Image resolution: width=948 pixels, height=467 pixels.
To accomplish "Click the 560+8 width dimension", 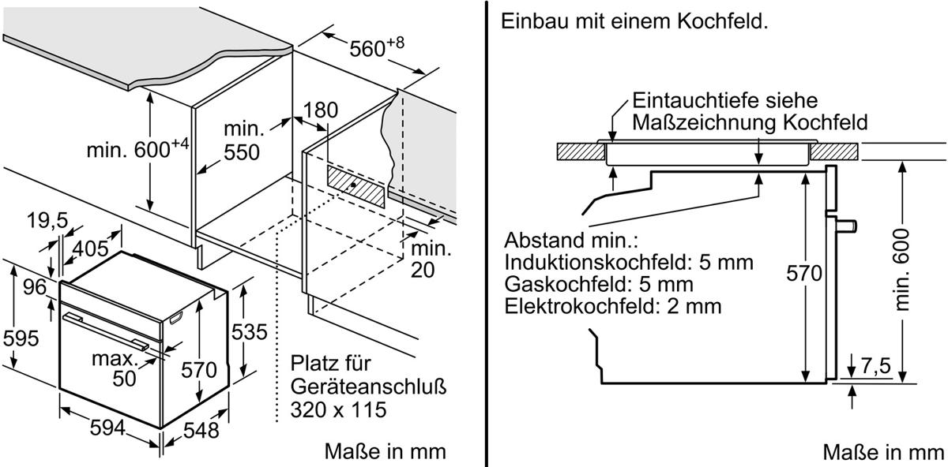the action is (x=377, y=47).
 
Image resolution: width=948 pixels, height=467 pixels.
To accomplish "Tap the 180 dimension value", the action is (x=321, y=110).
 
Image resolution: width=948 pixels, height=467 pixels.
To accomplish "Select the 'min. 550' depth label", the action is (x=242, y=140).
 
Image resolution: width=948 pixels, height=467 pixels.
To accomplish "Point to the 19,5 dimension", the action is (x=47, y=220).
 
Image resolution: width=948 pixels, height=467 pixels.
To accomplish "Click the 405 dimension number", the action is (x=91, y=248).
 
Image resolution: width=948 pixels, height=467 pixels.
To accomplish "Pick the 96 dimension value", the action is (x=35, y=287).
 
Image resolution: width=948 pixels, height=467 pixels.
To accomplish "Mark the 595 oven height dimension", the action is (x=21, y=338).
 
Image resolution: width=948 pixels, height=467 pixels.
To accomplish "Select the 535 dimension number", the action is (x=250, y=332).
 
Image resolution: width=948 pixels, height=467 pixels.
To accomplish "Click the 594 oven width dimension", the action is (x=107, y=428).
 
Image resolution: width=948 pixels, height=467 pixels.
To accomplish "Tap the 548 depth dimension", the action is (x=201, y=430).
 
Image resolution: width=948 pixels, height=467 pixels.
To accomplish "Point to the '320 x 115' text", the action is (x=339, y=409).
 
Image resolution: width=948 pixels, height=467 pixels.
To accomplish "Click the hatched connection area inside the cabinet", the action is (x=356, y=186).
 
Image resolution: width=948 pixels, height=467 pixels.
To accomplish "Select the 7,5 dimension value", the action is (x=875, y=365).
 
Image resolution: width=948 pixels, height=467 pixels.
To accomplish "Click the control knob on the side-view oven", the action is (x=846, y=226).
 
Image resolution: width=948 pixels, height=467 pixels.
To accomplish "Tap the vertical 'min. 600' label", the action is (x=901, y=270).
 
